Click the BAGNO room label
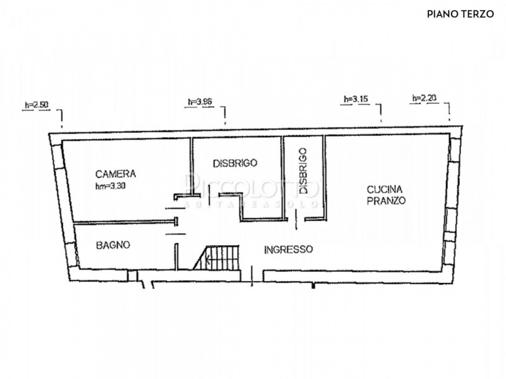114,244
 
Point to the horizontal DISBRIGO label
235,162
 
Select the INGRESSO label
288,250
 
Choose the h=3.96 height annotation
199,101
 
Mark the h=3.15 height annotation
355,99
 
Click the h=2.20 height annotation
424,98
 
